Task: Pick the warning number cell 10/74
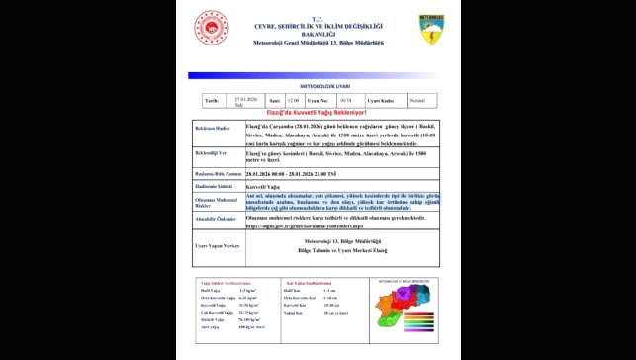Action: [346, 100]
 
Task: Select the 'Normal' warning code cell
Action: [417, 100]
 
